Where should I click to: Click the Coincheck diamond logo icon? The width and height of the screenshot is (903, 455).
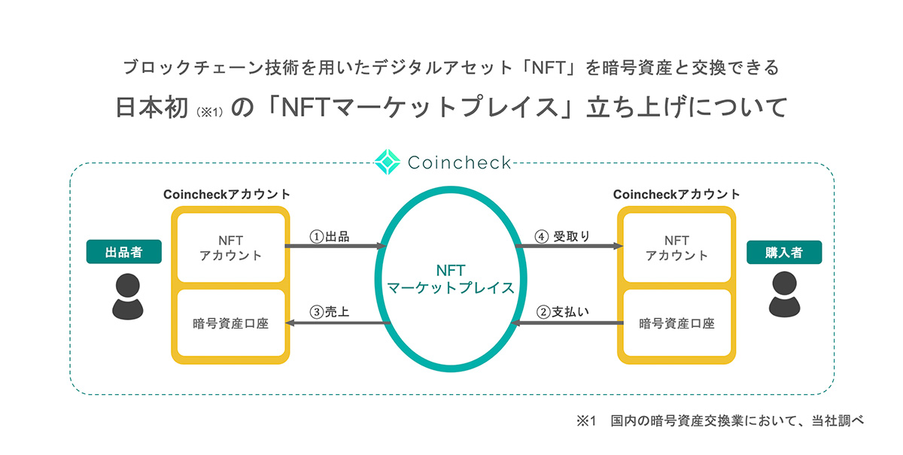pos(388,162)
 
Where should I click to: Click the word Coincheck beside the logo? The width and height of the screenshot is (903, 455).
pos(459,162)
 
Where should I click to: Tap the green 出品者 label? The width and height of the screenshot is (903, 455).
pos(123,252)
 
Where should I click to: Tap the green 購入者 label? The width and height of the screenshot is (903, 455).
pos(784,252)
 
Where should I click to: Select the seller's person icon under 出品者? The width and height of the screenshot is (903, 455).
pos(127,296)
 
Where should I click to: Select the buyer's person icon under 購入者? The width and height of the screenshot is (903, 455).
pos(784,295)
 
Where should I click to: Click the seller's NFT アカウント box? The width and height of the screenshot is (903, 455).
pos(231,247)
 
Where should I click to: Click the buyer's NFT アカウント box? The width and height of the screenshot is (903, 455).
pos(676,247)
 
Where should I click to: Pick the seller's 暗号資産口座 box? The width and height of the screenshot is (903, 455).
pos(231,323)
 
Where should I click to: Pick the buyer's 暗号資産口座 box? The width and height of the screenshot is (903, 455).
pos(676,323)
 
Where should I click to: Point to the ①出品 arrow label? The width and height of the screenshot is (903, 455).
pos(330,237)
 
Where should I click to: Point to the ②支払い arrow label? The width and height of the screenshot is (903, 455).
pos(563,312)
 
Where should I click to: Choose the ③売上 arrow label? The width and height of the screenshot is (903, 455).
pos(330,312)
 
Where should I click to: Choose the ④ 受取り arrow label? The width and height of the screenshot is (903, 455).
pos(562,237)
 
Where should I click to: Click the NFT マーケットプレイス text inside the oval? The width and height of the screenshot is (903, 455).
pos(451,279)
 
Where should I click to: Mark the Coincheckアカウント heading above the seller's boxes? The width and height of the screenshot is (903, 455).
pos(227,194)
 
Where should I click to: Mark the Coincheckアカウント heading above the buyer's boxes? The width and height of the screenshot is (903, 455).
pos(676,194)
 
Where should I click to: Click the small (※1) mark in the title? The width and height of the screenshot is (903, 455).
pos(210,111)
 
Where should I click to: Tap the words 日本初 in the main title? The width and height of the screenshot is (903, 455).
pos(152,108)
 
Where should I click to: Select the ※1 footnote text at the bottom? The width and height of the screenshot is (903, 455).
pos(720,420)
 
